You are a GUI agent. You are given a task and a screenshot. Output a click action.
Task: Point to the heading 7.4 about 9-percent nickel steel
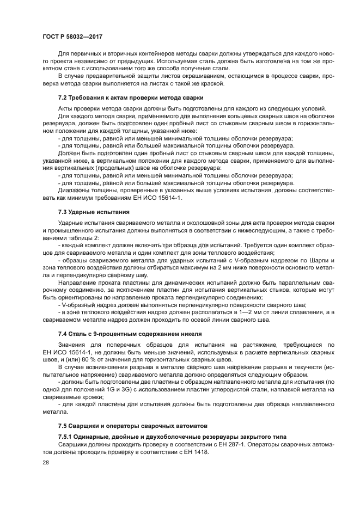click(130, 333)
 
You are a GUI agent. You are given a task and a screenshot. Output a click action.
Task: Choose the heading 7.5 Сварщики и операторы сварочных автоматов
click(133, 425)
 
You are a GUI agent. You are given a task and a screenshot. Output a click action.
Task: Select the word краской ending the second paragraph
click(211, 83)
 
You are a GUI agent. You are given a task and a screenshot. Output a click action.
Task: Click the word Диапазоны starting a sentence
click(75, 189)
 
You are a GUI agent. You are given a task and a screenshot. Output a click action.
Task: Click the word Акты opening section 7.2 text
click(65, 108)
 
